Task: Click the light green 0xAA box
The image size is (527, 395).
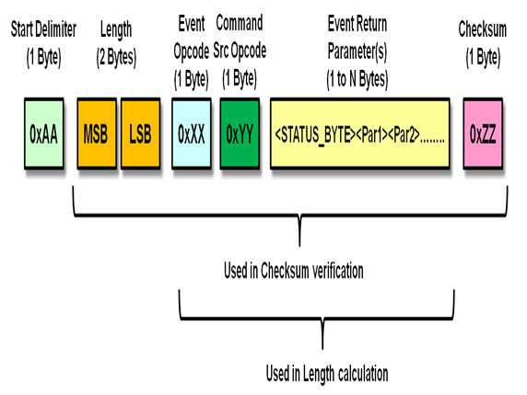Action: pos(44,133)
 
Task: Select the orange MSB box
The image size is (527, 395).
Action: pos(97,133)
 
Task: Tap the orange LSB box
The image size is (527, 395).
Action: pos(140,133)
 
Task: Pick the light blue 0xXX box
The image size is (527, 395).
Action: pos(192,133)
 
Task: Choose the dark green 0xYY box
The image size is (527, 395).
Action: pos(240,133)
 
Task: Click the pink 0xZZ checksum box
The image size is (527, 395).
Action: pos(483,133)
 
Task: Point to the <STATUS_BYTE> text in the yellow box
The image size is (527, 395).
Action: pos(315,135)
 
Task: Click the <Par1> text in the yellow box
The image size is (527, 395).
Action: pos(371,135)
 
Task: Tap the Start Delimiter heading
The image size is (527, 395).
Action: pos(43,29)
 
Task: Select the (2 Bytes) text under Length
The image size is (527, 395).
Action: pos(116,57)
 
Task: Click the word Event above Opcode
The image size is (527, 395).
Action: pos(192,24)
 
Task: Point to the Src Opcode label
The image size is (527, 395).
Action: pos(240,51)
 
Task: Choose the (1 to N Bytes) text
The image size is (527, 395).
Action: pos(357,79)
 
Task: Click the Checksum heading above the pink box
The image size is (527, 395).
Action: pos(483,29)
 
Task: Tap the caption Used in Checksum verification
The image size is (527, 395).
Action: pos(294,271)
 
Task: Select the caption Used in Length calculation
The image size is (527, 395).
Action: pos(327,374)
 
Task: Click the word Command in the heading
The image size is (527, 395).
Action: pos(240,23)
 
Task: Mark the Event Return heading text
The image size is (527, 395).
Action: pos(357,24)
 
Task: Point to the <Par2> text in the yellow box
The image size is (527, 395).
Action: pos(404,135)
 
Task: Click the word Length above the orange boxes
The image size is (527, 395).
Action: pos(116,29)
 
